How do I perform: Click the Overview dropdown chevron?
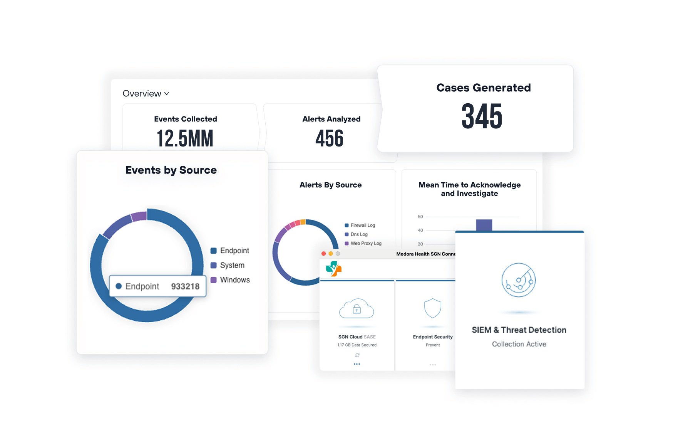click(167, 94)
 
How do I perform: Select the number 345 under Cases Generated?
click(482, 116)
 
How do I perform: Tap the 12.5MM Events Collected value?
click(185, 138)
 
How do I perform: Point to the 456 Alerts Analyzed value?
click(330, 138)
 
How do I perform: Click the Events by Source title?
click(171, 170)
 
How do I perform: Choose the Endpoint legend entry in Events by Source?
click(230, 251)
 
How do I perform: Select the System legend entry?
click(228, 265)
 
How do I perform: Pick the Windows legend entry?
click(230, 280)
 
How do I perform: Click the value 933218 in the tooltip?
click(185, 286)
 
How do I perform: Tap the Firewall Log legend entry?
click(360, 225)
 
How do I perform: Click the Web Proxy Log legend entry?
click(363, 243)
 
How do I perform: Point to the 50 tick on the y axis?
click(420, 217)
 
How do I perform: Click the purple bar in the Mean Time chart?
click(484, 225)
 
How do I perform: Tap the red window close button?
click(324, 254)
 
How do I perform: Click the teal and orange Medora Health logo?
click(333, 269)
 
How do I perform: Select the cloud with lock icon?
click(357, 308)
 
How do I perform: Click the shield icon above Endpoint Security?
click(433, 308)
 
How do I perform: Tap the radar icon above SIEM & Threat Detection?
click(519, 280)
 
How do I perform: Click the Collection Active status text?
click(519, 344)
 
